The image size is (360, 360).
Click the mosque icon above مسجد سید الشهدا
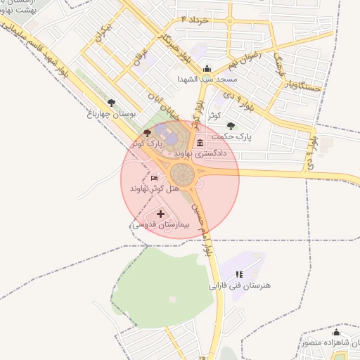tap(207, 69)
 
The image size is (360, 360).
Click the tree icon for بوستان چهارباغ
tap(112, 103)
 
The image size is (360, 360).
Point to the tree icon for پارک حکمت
tap(231, 125)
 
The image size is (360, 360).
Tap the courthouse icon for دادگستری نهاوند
tap(200, 143)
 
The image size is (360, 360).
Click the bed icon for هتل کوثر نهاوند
tap(155, 179)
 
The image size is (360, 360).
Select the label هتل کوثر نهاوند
tap(155, 189)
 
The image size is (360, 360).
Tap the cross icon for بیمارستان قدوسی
tap(160, 214)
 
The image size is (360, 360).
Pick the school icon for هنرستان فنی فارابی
tap(239, 274)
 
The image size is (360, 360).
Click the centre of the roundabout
tap(182, 173)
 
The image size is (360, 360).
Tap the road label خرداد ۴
tap(195, 20)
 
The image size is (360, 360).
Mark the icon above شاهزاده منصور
tap(336, 332)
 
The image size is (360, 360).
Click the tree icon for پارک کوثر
tap(146, 132)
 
